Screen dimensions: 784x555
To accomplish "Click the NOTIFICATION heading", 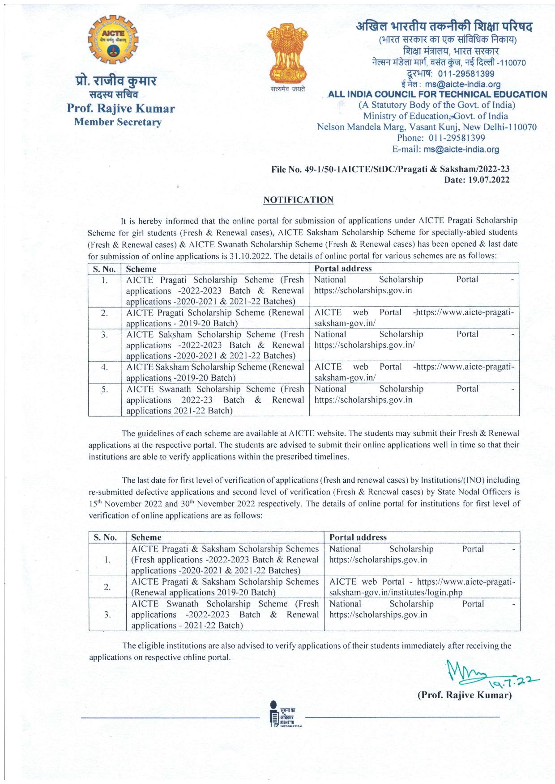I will [x=299, y=200].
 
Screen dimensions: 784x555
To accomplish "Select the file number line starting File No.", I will [x=390, y=169].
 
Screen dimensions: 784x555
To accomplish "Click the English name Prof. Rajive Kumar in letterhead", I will [x=121, y=109].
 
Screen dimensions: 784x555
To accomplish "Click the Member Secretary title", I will [x=118, y=122].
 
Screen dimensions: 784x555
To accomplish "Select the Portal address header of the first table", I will [x=343, y=269].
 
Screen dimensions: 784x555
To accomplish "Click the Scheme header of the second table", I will [x=146, y=537].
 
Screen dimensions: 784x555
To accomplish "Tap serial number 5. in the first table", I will [x=104, y=389].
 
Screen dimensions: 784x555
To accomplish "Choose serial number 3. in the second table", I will [x=107, y=615].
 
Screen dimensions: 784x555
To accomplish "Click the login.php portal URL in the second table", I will [x=396, y=593].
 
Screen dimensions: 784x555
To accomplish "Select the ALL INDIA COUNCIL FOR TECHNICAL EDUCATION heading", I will [x=437, y=94].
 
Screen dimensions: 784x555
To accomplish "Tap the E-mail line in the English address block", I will [x=445, y=149].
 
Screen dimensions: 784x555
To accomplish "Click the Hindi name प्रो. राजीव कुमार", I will [x=115, y=81].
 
